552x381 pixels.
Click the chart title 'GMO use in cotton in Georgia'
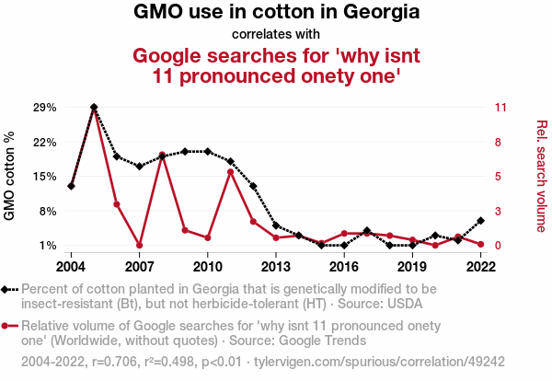(276, 13)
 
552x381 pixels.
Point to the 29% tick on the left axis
(44, 108)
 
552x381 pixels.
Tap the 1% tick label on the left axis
(47, 246)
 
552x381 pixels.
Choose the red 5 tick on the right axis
(499, 177)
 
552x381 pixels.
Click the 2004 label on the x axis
(71, 267)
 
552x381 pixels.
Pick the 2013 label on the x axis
(276, 267)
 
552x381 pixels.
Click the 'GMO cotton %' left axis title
(10, 176)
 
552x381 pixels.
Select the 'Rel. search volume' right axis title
(541, 176)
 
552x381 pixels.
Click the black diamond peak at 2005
(94, 108)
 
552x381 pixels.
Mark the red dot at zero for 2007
(140, 245)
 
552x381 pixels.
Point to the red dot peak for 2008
(162, 156)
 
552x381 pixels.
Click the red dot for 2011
(230, 172)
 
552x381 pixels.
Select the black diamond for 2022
(480, 221)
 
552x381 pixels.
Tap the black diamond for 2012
(253, 187)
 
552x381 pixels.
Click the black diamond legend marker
(7, 289)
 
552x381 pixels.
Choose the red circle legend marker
(7, 326)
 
